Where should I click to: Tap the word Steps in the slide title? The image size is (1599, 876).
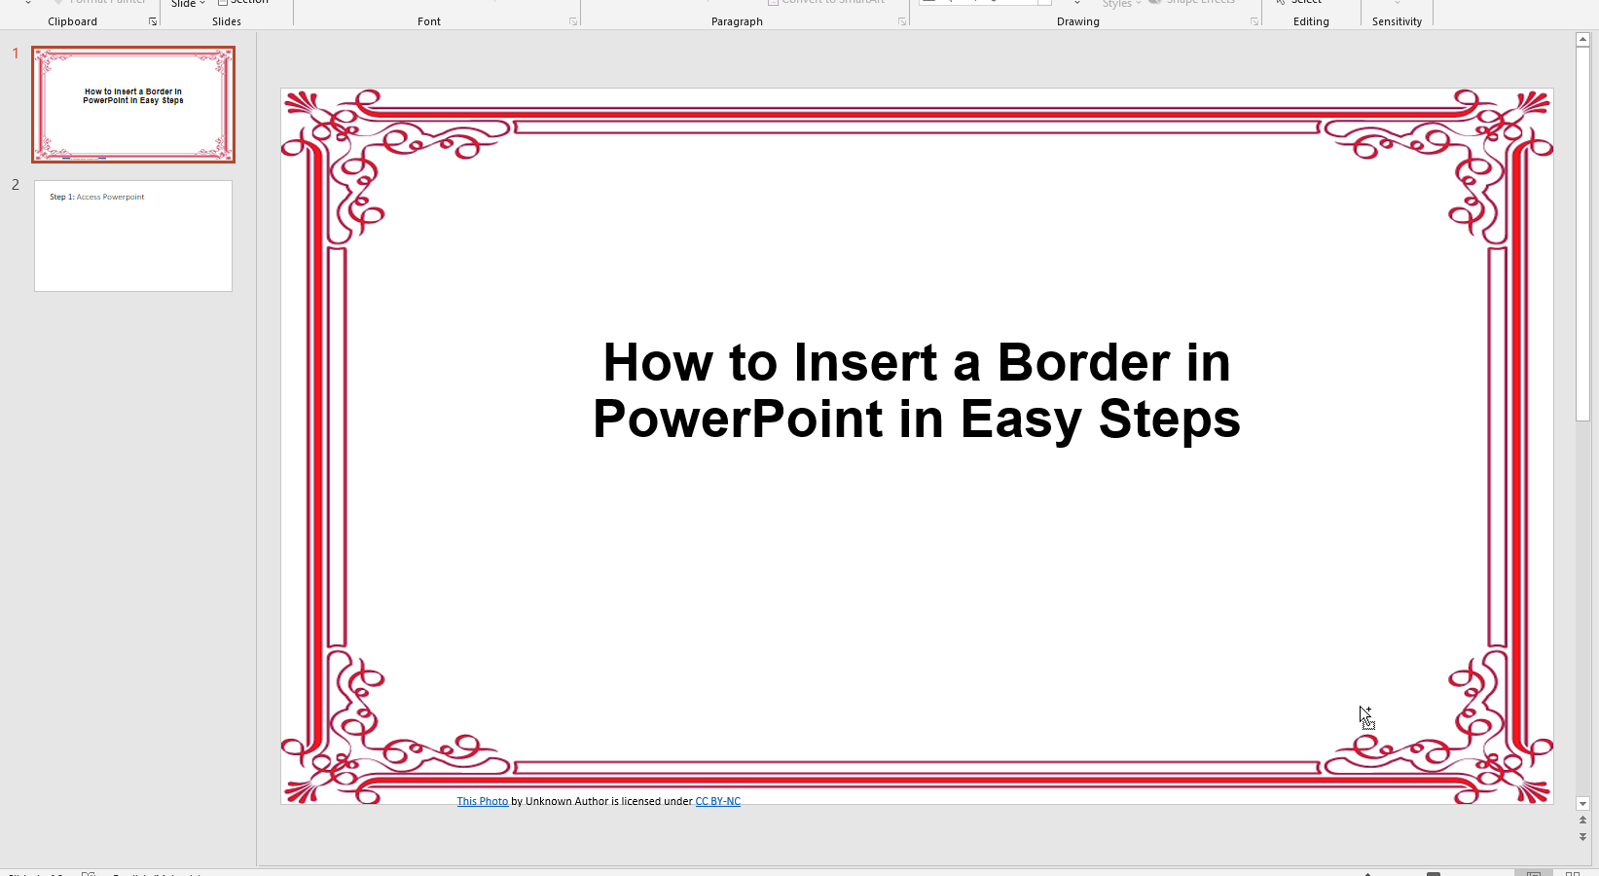point(1169,420)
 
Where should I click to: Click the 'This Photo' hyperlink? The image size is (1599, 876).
point(483,802)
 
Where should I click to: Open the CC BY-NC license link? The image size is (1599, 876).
point(717,802)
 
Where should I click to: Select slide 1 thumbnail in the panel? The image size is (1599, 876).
point(133,104)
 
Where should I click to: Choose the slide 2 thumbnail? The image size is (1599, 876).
point(133,236)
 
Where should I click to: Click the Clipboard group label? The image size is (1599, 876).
point(73,21)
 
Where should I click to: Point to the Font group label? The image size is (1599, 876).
point(429,21)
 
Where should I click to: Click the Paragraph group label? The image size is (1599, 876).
point(737,21)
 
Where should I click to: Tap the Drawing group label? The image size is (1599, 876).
point(1078,21)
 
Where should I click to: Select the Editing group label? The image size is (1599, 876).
point(1311,21)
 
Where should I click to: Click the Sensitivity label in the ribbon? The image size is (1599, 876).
point(1397,21)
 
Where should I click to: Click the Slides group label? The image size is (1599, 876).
point(227,21)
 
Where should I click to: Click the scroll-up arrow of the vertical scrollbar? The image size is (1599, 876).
point(1582,40)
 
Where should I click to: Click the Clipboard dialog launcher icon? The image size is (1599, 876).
point(153,21)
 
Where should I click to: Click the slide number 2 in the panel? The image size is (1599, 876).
point(16,185)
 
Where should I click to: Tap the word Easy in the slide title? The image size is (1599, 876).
point(1020,420)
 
